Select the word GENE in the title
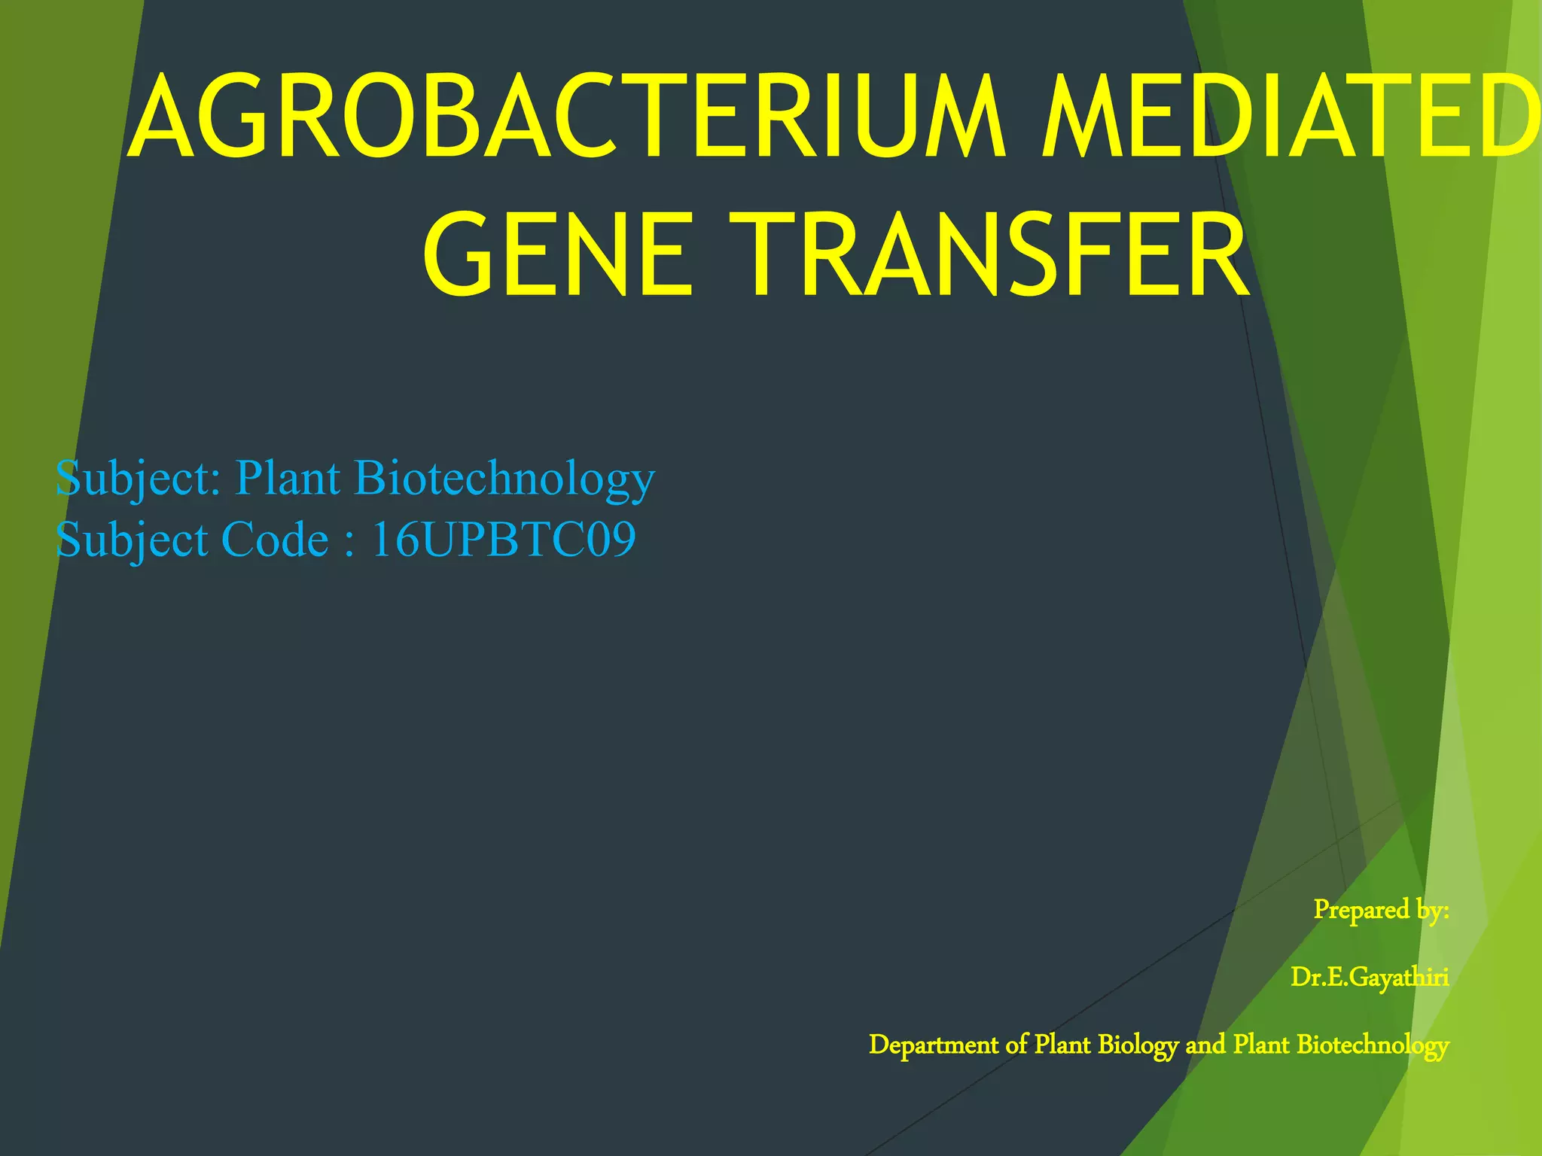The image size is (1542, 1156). click(557, 256)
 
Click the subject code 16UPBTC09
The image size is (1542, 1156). click(503, 540)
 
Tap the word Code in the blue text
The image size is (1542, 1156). click(275, 540)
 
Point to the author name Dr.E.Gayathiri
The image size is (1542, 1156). click(1369, 977)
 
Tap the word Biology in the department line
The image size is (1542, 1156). click(1137, 1045)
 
